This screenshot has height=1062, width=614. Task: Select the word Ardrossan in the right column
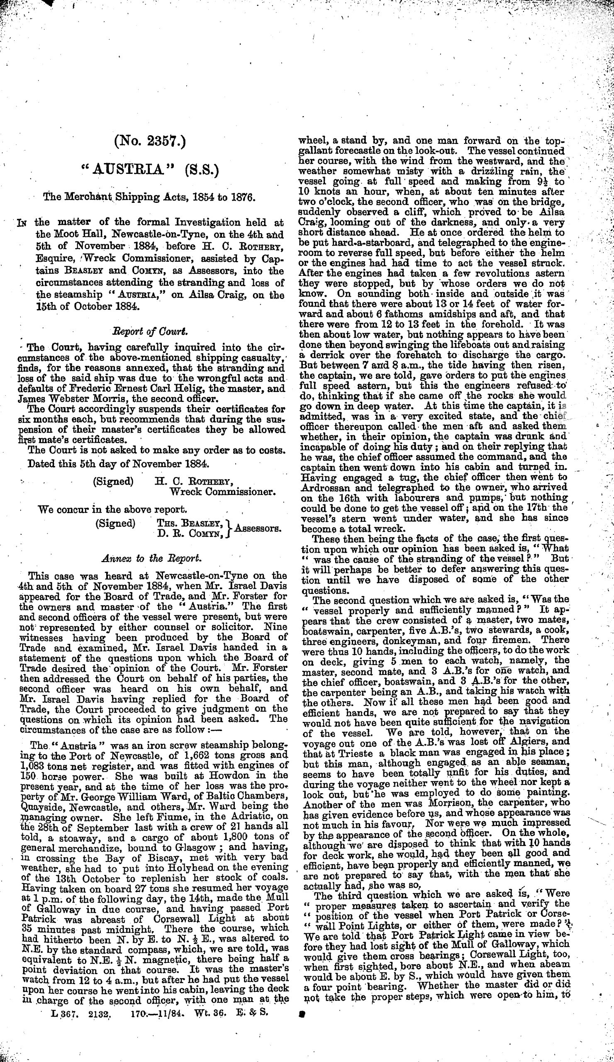click(324, 487)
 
